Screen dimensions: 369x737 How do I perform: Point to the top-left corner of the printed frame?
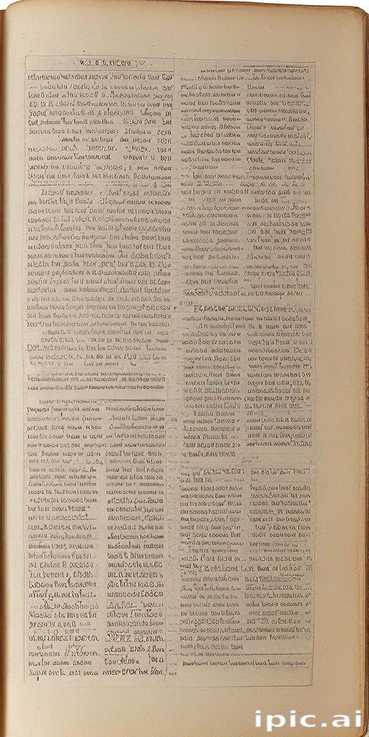point(26,57)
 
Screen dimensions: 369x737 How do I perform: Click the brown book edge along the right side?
point(363,360)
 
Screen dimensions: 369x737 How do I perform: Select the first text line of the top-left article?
point(99,77)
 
